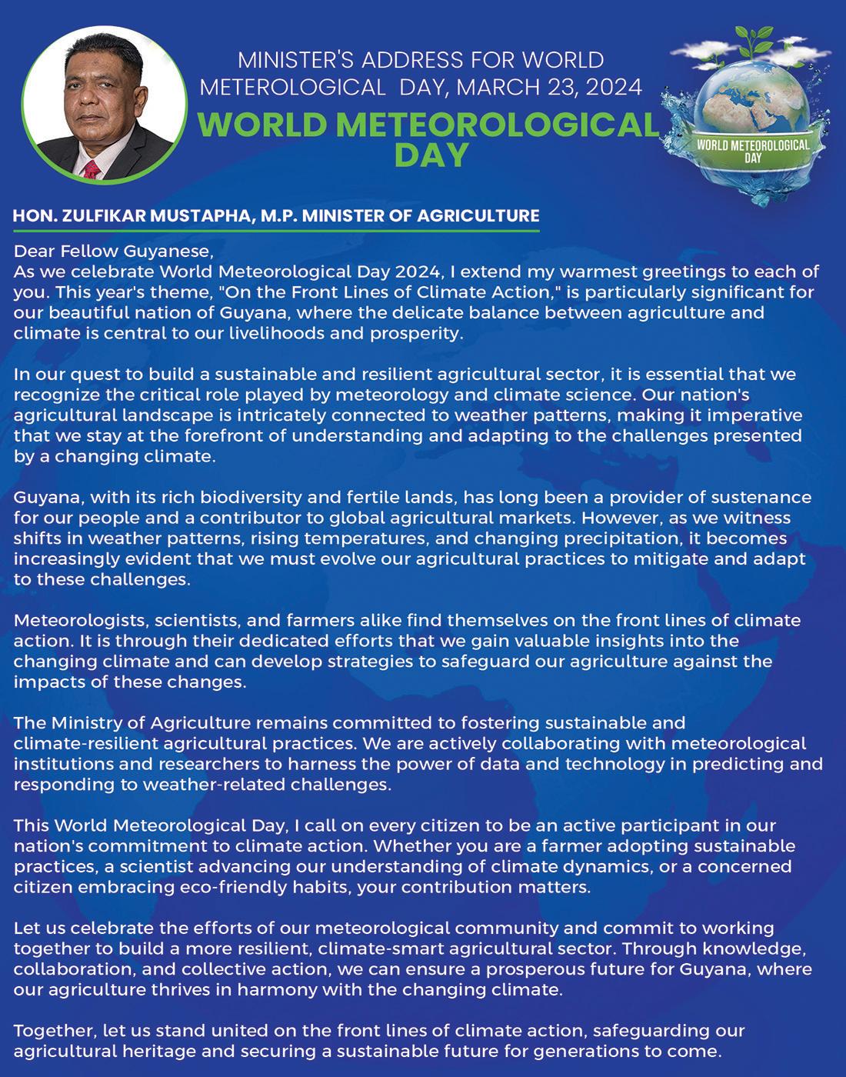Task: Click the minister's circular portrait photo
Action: click(105, 104)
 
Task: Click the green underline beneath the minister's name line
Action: click(276, 229)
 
